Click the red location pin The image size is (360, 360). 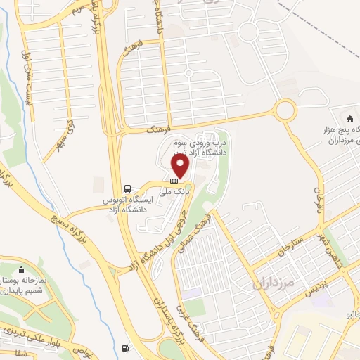click(181, 166)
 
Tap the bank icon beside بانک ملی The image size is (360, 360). click(174, 181)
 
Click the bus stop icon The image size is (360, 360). click(127, 188)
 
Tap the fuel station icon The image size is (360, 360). click(126, 348)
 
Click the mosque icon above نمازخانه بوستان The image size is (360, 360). click(22, 269)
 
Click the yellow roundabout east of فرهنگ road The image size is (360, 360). click(285, 110)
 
